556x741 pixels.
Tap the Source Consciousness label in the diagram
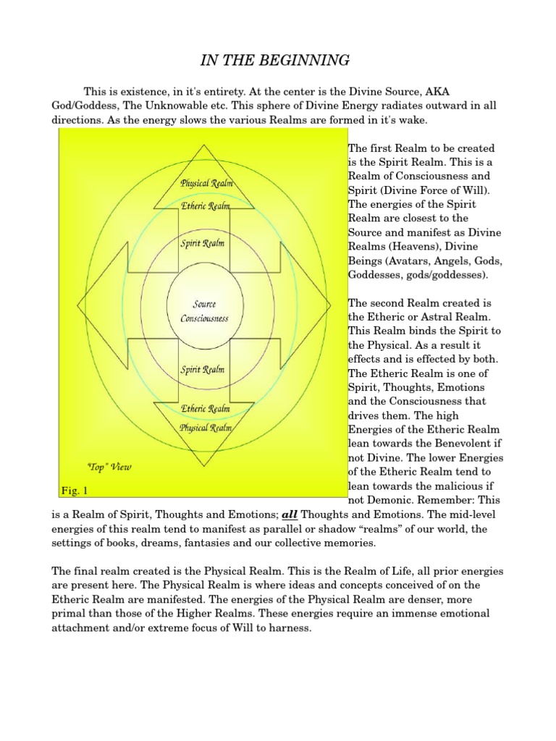click(203, 311)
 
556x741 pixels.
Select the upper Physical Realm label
click(206, 184)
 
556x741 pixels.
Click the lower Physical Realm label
click(205, 428)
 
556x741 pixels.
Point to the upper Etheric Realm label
click(204, 206)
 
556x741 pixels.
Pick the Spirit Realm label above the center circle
click(203, 244)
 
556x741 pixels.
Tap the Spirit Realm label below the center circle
click(203, 370)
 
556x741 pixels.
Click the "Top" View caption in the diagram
click(110, 467)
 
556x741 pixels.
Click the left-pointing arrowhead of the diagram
click(90, 306)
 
